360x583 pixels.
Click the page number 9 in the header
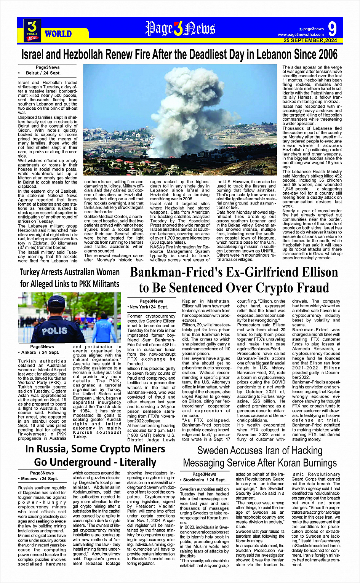(332, 29)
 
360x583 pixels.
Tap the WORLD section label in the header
(58, 34)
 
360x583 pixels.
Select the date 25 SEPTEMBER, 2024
(310, 40)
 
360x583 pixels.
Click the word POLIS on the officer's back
(54, 331)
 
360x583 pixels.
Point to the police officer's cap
(57, 301)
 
